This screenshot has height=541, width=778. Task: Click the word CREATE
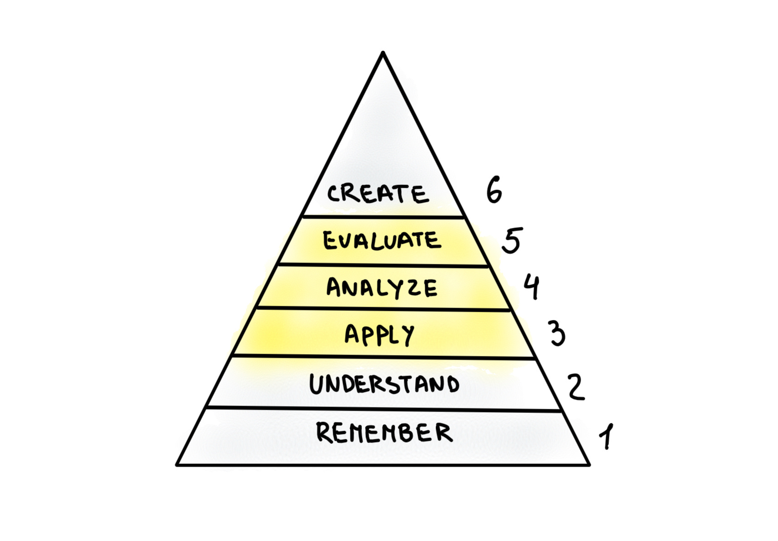tap(378, 194)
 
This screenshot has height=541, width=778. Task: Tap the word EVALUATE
tap(382, 241)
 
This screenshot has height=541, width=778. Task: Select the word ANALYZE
tap(382, 288)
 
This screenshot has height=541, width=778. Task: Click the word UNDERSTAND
tap(384, 384)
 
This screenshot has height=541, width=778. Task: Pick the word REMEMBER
tap(384, 433)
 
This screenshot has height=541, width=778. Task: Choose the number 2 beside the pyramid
tap(576, 387)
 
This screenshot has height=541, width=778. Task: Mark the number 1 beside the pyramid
tap(607, 436)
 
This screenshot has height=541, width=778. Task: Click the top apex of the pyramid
tap(383, 53)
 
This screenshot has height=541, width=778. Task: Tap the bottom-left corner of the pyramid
tap(177, 465)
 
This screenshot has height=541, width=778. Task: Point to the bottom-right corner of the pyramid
tap(589, 465)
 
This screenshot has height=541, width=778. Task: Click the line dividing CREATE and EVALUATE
tap(383, 217)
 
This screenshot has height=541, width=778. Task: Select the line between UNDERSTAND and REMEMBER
tap(384, 408)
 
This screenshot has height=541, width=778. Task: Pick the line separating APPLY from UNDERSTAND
tap(383, 356)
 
